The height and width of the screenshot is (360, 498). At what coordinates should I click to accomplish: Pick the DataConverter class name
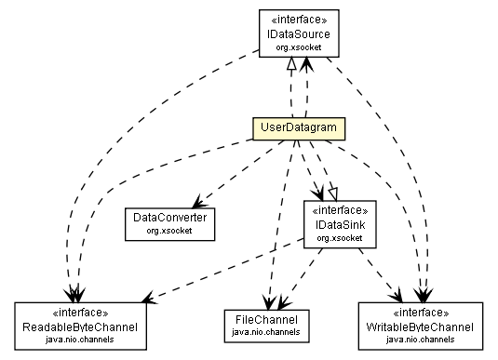[168, 217]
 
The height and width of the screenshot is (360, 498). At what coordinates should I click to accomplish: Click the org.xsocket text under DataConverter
[168, 229]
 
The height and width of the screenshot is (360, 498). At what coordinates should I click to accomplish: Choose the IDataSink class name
[339, 225]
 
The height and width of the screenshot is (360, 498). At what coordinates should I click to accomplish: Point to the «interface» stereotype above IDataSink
[339, 211]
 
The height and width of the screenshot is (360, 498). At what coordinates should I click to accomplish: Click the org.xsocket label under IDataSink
[339, 238]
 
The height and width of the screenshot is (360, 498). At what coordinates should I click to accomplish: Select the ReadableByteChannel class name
[80, 327]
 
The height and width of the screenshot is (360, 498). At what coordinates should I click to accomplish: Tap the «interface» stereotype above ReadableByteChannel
[80, 314]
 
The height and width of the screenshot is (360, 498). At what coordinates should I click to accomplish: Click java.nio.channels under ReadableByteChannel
[80, 340]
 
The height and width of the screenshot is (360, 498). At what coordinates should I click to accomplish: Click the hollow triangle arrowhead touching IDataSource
[289, 61]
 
